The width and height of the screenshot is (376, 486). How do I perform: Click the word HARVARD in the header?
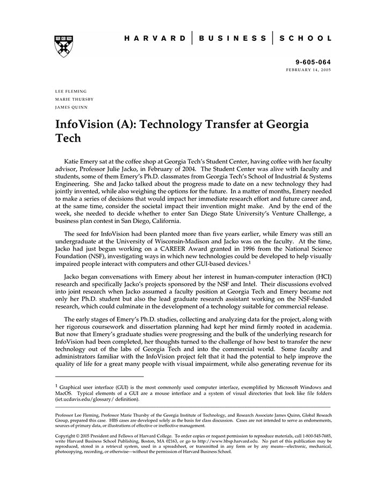[x=155, y=39]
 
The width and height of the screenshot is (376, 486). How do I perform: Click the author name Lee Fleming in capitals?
[x=71, y=91]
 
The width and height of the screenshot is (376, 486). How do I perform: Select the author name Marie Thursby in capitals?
[x=74, y=99]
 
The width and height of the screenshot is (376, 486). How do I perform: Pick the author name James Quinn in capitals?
[x=71, y=107]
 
